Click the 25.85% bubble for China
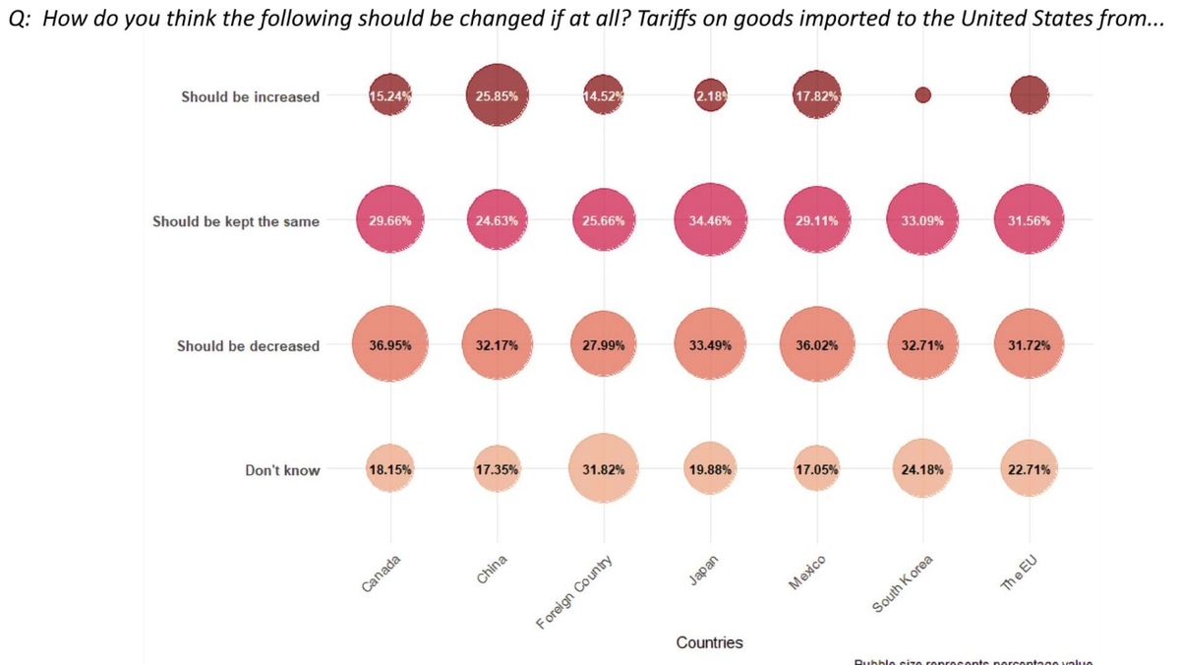[498, 96]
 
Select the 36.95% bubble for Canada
[390, 345]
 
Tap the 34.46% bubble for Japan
[709, 220]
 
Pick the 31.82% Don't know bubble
[604, 469]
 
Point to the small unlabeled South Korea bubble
[922, 95]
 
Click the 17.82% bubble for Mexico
[815, 96]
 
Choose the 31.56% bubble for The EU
[1029, 220]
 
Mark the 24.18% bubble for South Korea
[922, 469]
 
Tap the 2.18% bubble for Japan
[709, 96]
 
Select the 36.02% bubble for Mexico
[815, 345]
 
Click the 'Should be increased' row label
[250, 96]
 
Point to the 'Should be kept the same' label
[236, 221]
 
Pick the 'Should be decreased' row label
[248, 346]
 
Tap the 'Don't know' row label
[282, 470]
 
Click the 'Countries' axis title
[709, 642]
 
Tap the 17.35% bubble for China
[498, 469]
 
